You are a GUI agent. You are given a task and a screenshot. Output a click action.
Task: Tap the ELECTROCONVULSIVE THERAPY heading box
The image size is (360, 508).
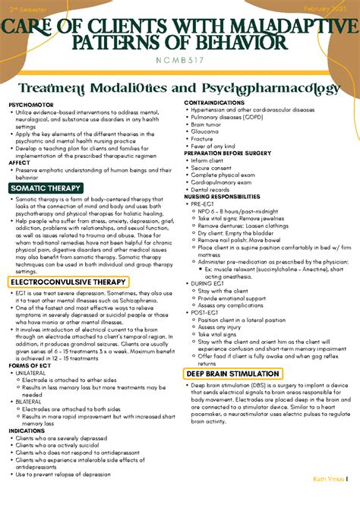point(68,282)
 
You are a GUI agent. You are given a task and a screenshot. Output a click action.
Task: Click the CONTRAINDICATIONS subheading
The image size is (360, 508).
point(214,102)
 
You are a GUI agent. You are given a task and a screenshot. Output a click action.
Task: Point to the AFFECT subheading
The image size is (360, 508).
point(19,162)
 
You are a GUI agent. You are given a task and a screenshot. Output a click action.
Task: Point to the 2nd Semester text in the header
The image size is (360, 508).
point(27,8)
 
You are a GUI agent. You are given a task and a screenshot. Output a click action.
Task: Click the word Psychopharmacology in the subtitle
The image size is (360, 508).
point(270,89)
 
